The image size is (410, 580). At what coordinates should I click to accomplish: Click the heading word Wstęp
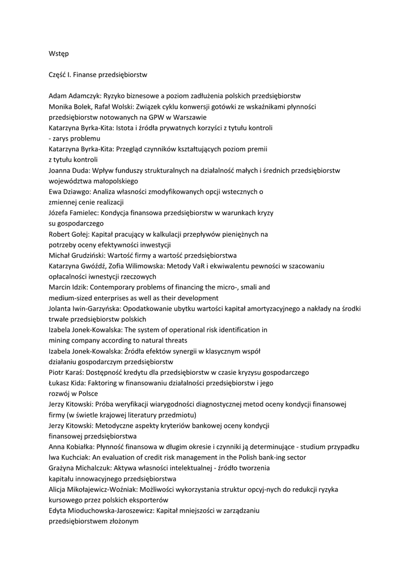pos(59,53)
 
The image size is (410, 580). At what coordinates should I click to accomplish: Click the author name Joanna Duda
pos(69,170)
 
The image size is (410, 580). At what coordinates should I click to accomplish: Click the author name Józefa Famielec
pos(72,213)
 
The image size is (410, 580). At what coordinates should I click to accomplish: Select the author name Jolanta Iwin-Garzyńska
pos(85,309)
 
